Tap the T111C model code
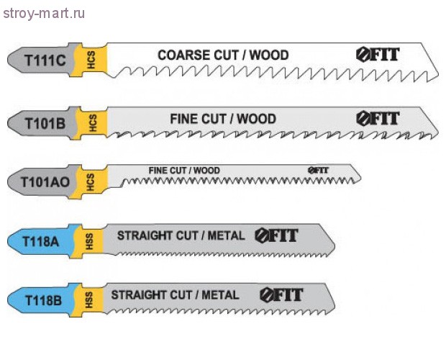[x=44, y=60]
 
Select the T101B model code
[x=45, y=123]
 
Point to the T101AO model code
[x=47, y=181]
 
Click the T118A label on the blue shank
[x=41, y=242]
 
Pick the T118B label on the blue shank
[x=41, y=299]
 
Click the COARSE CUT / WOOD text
[x=223, y=55]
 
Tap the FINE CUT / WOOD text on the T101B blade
[x=222, y=118]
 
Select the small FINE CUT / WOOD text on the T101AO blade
[x=184, y=171]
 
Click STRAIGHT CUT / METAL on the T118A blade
[x=181, y=235]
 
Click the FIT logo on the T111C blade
[x=377, y=55]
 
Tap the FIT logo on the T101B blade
[x=377, y=119]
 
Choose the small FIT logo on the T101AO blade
[x=318, y=170]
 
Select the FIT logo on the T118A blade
[x=276, y=235]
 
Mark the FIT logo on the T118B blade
[x=281, y=294]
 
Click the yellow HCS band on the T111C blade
[x=92, y=60]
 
